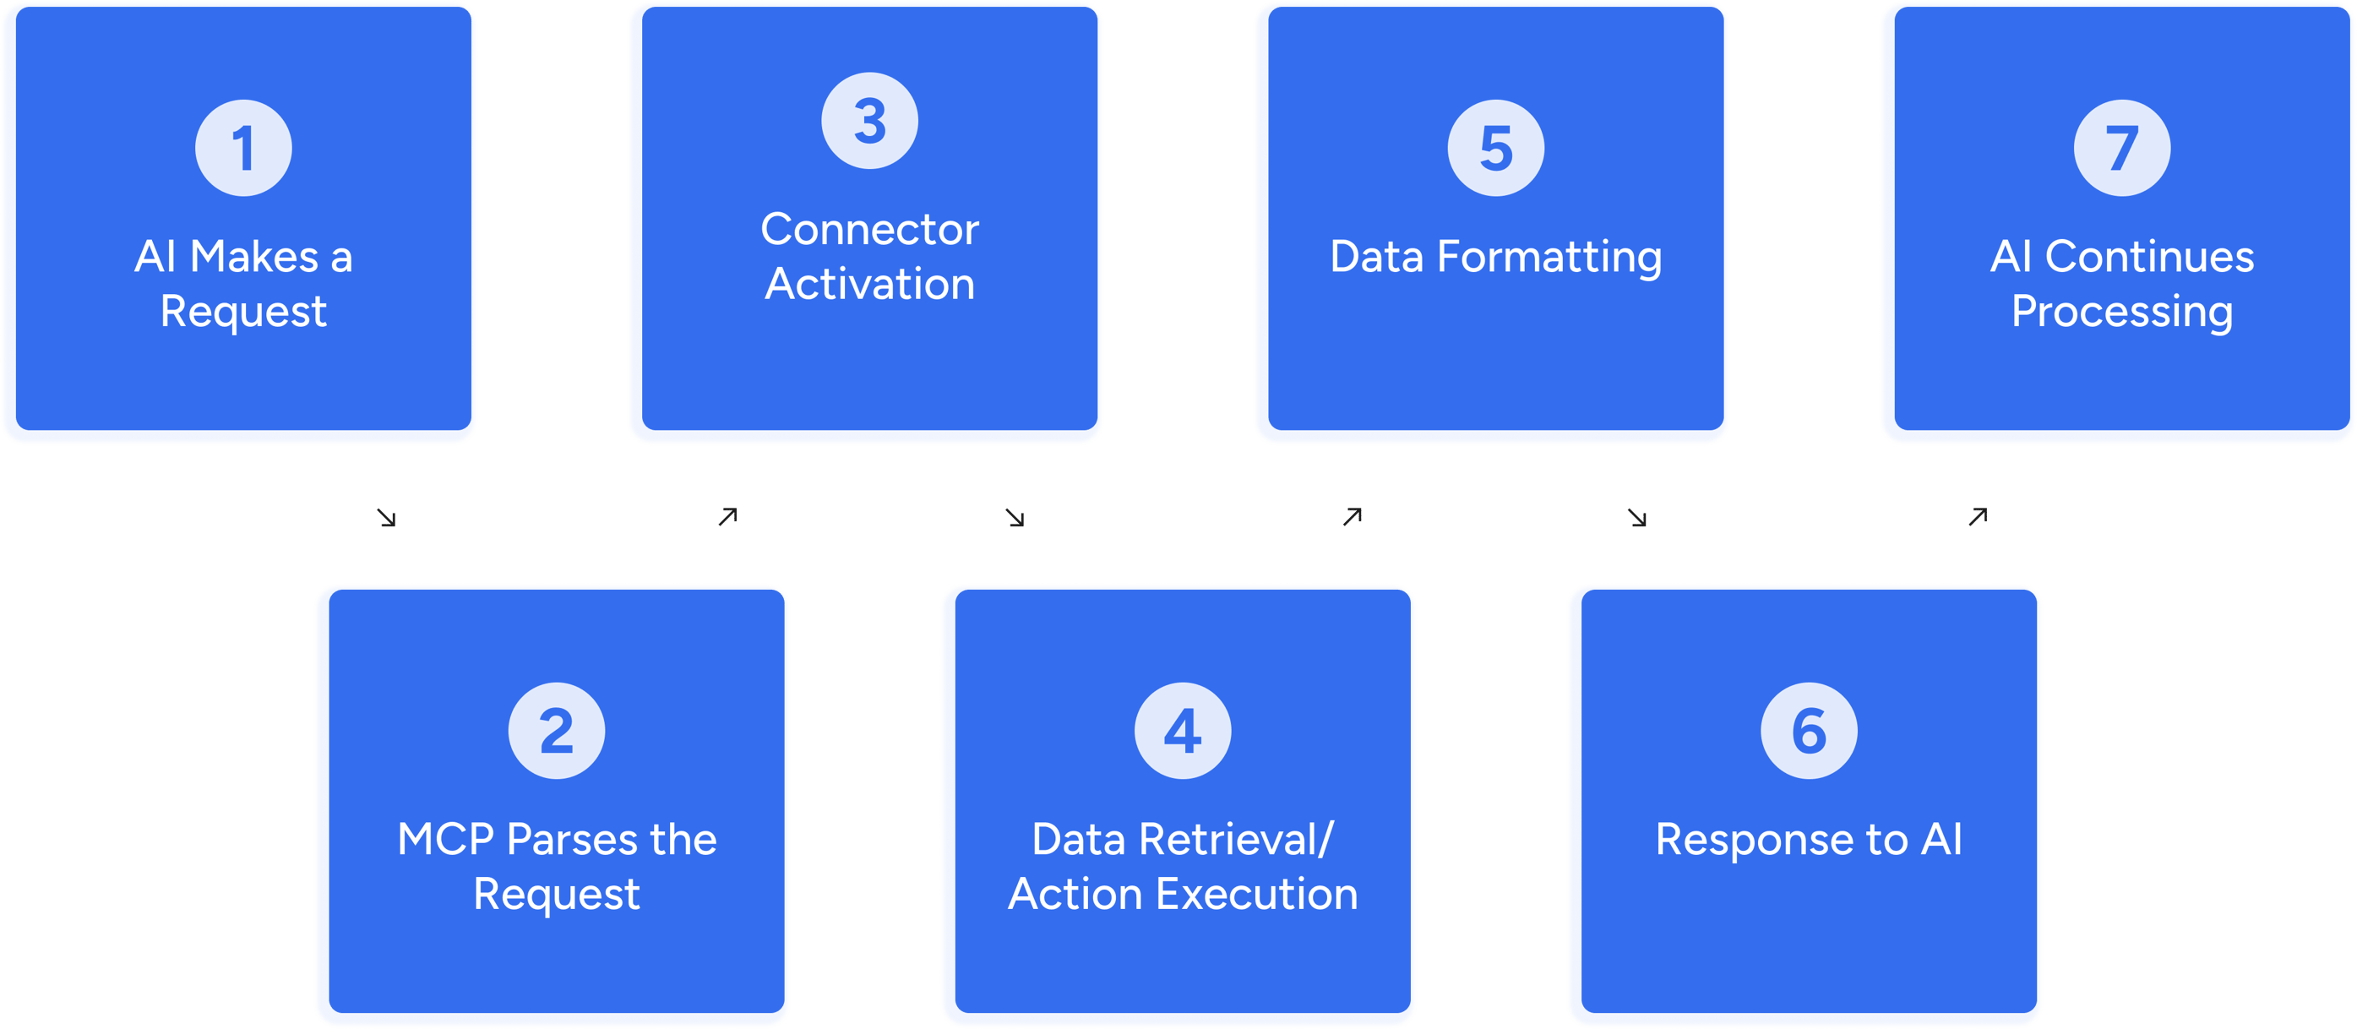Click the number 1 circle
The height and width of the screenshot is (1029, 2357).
[243, 148]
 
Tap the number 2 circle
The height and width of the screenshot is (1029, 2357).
[557, 731]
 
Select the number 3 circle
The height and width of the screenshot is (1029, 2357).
[869, 121]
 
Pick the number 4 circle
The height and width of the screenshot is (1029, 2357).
[1182, 731]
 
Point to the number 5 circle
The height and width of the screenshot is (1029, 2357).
[1495, 148]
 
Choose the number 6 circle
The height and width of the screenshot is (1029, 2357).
[1808, 731]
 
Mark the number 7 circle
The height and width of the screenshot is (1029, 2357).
[2121, 148]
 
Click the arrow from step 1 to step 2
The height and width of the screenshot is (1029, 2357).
[386, 519]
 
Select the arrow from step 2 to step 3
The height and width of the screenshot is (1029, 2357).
[727, 517]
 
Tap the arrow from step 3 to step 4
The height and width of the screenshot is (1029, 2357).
[1015, 519]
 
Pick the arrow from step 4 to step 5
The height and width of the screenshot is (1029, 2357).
[1353, 517]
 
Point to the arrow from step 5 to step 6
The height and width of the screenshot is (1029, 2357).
[1637, 519]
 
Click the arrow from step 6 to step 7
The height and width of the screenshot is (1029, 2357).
[1978, 517]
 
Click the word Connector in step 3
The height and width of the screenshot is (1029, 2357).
[869, 230]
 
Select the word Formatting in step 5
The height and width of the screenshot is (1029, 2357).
[1549, 258]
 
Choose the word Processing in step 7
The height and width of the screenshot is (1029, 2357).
[2121, 313]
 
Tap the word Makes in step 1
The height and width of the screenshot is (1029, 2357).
[254, 257]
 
